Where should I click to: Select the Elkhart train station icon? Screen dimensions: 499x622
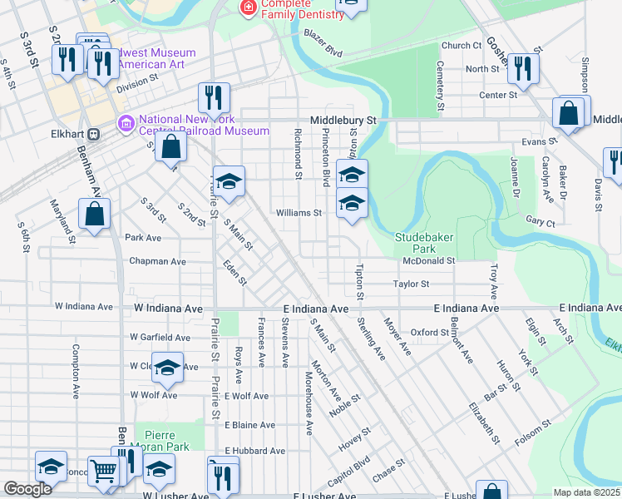coord(94,132)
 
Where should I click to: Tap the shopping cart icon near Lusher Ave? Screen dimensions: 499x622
coord(104,472)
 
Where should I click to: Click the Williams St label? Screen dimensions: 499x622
coord(299,213)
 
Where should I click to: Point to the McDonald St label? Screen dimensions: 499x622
coord(428,260)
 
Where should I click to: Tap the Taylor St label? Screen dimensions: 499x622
coord(411,284)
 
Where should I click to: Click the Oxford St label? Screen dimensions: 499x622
coord(430,332)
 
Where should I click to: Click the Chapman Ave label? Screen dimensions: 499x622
coord(157,261)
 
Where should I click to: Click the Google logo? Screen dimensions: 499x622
coord(27,489)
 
